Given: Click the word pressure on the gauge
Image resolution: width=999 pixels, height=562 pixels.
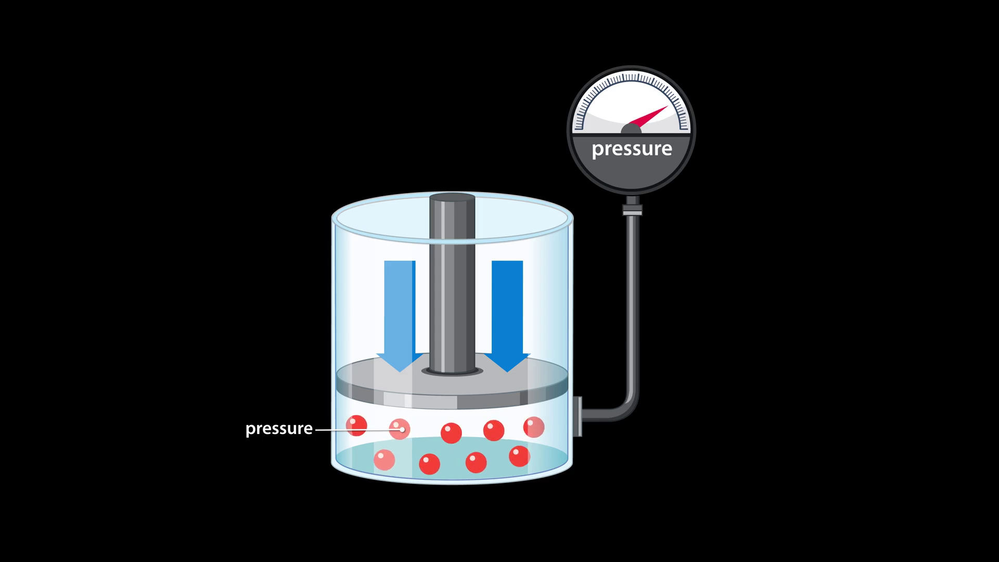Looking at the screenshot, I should pyautogui.click(x=632, y=149).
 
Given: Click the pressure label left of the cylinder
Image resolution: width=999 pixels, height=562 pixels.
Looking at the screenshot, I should pyautogui.click(x=279, y=429).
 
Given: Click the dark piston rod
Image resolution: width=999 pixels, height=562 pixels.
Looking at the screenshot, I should pyautogui.click(x=452, y=291).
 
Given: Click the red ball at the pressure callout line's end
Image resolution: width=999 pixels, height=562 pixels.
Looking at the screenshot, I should pyautogui.click(x=400, y=429).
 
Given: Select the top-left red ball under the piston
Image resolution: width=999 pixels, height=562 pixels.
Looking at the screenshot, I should pyautogui.click(x=356, y=425).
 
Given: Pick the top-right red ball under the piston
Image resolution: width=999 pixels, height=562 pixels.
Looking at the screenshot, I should pyautogui.click(x=534, y=427).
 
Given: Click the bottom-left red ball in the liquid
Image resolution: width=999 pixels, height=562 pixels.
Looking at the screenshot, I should pyautogui.click(x=385, y=460).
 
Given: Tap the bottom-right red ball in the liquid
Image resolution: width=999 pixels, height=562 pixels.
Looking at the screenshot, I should pyautogui.click(x=519, y=456).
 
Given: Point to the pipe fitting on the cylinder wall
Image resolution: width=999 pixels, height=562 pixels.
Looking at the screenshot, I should pyautogui.click(x=577, y=416).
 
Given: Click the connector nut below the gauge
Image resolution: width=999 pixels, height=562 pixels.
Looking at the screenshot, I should pyautogui.click(x=632, y=210).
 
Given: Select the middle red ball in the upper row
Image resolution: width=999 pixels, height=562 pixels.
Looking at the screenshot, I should pyautogui.click(x=451, y=433).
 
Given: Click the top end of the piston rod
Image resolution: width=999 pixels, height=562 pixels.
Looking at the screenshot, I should pyautogui.click(x=452, y=198).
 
